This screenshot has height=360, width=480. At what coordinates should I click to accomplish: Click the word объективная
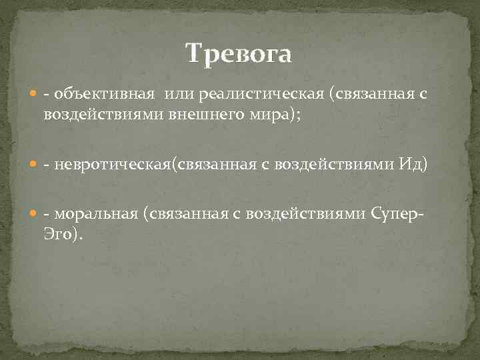[x=105, y=97]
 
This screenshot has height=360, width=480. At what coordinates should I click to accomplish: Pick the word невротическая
[x=113, y=165]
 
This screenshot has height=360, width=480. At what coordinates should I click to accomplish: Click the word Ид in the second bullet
[x=413, y=165]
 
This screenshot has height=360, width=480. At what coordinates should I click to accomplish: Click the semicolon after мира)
[x=299, y=115]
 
